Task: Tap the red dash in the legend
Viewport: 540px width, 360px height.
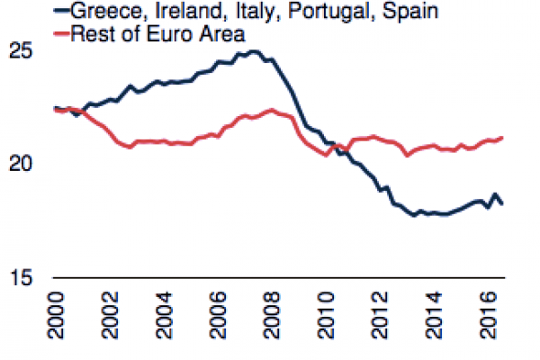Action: [62, 34]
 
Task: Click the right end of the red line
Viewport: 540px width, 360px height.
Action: [502, 138]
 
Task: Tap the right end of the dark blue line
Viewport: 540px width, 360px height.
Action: [502, 204]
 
